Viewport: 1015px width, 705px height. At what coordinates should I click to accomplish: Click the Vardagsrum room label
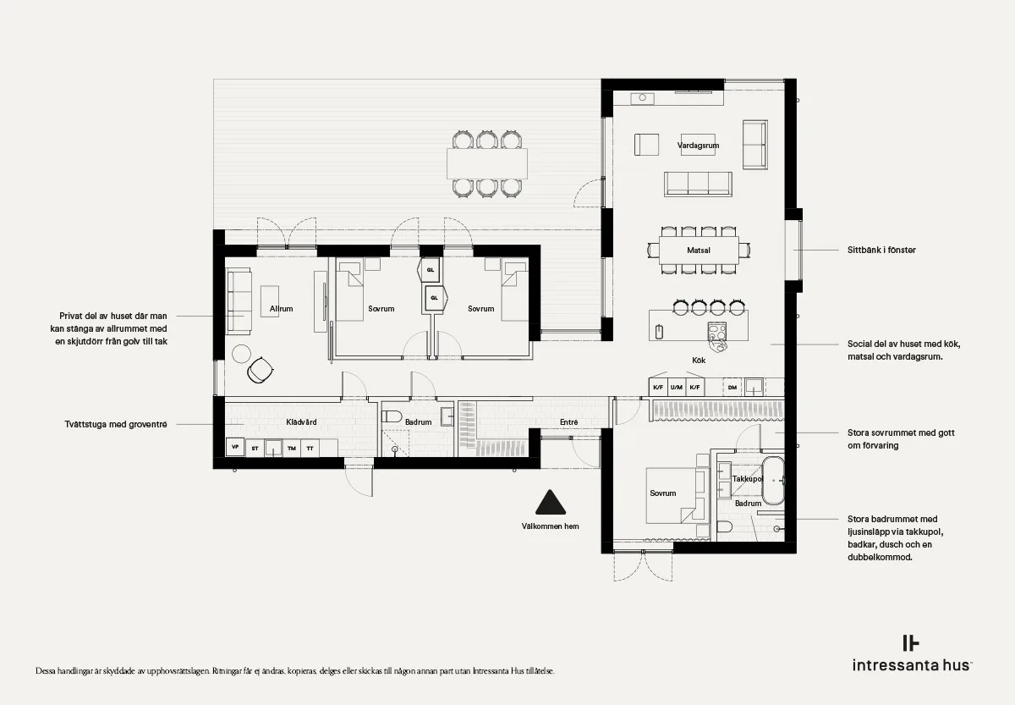[698, 146]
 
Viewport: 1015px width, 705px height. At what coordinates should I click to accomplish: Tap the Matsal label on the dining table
[699, 251]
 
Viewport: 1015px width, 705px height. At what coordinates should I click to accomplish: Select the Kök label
[699, 361]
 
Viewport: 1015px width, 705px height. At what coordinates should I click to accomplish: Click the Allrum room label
[281, 309]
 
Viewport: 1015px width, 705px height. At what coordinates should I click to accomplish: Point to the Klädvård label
[301, 422]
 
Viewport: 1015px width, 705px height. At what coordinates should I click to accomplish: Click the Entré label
[568, 422]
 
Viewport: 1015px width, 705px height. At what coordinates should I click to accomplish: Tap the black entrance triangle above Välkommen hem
[550, 503]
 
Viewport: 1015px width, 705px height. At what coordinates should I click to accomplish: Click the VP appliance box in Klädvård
[235, 447]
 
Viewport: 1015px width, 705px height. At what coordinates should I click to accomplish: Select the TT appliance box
[310, 449]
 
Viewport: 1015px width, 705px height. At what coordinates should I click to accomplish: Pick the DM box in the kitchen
[732, 388]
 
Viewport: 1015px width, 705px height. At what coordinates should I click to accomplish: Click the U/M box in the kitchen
[676, 387]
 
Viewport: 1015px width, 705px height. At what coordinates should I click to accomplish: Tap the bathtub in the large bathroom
[772, 481]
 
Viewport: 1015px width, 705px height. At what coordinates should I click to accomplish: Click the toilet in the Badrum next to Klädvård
[392, 416]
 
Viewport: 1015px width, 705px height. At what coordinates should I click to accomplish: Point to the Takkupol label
[748, 479]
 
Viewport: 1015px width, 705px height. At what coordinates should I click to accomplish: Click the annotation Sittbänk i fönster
[881, 251]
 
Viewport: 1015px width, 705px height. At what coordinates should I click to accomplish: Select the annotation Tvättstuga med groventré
[116, 425]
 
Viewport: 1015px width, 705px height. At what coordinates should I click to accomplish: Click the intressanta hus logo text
[911, 665]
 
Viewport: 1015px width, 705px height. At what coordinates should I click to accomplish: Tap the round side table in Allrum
[242, 354]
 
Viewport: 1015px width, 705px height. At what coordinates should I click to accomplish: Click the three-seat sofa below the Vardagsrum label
[698, 184]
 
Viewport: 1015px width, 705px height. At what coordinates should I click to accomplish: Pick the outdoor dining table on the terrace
[487, 163]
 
